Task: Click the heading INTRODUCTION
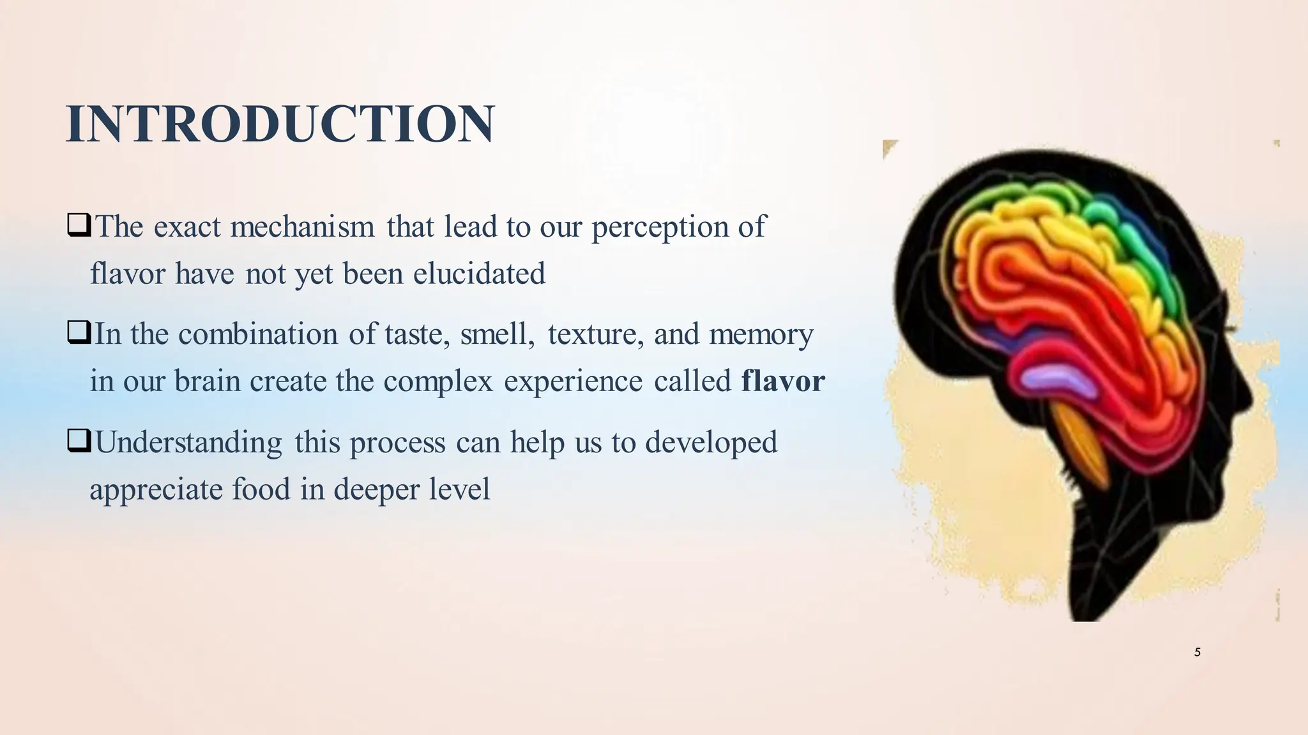[280, 124]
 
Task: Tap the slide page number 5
[1197, 652]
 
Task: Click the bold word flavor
[783, 382]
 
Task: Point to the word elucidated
[479, 274]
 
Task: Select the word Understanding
[188, 443]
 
